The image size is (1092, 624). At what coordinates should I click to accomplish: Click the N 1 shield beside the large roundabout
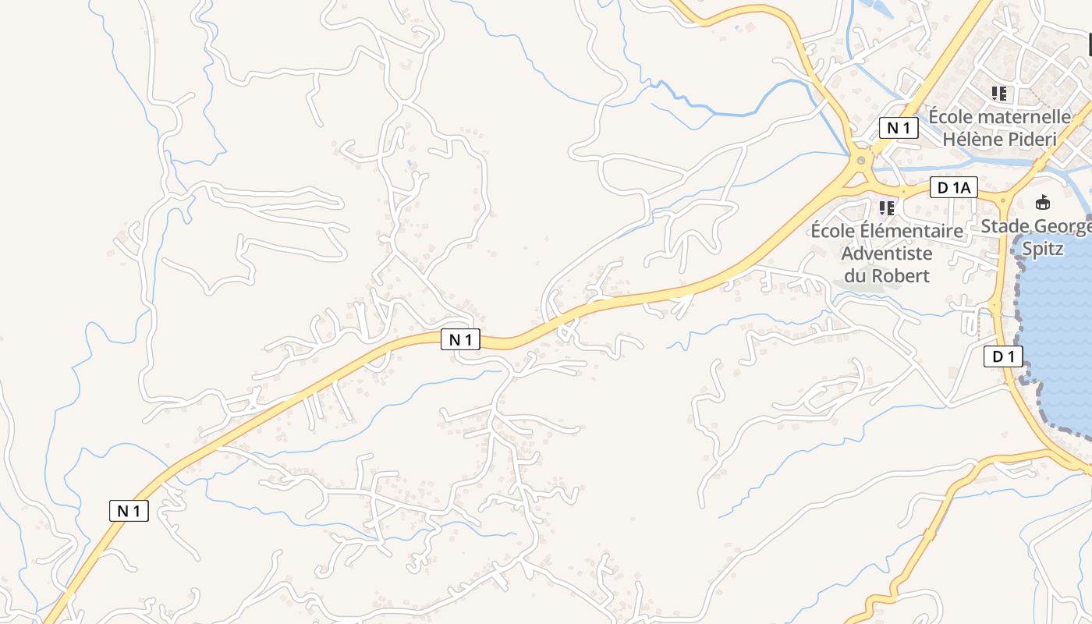pyautogui.click(x=898, y=128)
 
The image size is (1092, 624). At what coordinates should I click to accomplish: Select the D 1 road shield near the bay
pyautogui.click(x=1002, y=357)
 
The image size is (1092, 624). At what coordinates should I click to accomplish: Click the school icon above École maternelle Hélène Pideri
pyautogui.click(x=999, y=94)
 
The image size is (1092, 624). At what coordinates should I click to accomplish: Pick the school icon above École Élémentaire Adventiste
pyautogui.click(x=886, y=208)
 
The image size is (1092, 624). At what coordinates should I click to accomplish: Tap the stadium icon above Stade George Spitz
pyautogui.click(x=1042, y=203)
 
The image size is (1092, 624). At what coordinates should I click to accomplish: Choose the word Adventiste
pyautogui.click(x=887, y=253)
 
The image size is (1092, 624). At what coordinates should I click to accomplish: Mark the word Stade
pyautogui.click(x=1005, y=226)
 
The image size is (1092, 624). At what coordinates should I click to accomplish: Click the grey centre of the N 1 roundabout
pyautogui.click(x=861, y=160)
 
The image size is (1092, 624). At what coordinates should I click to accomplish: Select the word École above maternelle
pyautogui.click(x=950, y=117)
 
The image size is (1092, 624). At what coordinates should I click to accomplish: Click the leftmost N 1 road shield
pyautogui.click(x=129, y=511)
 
